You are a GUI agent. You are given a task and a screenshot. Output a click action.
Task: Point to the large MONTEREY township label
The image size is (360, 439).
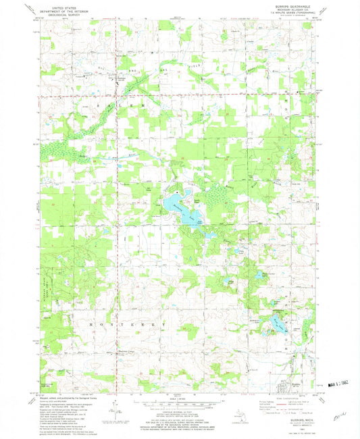(128, 324)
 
